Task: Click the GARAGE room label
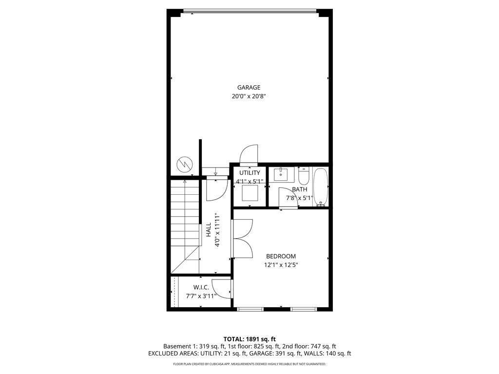click(249, 88)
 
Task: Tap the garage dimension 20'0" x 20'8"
click(249, 96)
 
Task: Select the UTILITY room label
click(249, 173)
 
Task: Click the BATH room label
click(299, 189)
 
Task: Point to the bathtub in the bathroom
click(321, 187)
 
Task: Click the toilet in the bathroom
click(304, 175)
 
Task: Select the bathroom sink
click(282, 174)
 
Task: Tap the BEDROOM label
click(281, 256)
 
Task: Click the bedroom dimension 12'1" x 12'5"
click(281, 265)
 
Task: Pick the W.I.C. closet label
click(201, 287)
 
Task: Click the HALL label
click(209, 230)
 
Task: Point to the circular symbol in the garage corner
click(185, 165)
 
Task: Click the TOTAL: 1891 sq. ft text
click(249, 339)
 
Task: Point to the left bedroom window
click(250, 309)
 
